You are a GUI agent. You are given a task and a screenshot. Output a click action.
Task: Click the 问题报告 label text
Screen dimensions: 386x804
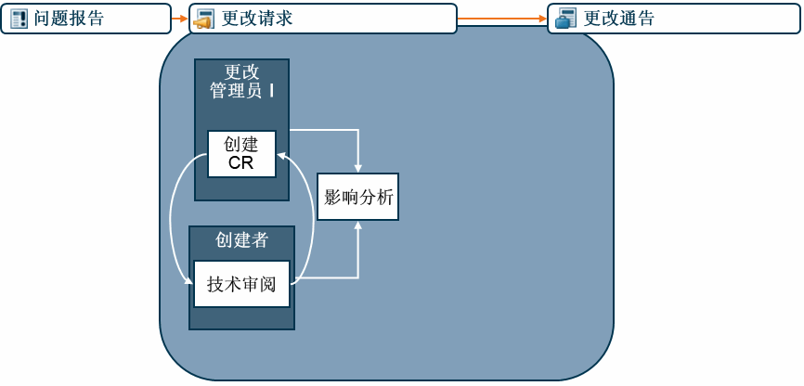point(70,19)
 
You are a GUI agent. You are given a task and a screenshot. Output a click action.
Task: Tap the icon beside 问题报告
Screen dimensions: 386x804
point(19,19)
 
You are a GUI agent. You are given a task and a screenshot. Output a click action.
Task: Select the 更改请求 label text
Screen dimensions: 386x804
point(257,19)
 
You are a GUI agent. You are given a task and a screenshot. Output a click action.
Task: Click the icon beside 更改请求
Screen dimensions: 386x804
point(205,19)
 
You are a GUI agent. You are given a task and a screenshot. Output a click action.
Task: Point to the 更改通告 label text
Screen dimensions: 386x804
point(619,19)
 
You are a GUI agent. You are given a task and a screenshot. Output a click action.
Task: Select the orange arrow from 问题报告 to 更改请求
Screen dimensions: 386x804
point(180,19)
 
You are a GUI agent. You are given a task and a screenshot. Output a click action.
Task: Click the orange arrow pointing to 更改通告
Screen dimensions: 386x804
point(501,19)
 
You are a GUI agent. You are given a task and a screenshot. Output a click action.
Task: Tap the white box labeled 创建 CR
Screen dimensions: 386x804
point(241,154)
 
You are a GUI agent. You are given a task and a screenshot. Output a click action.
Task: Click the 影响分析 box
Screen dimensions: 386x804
point(357,197)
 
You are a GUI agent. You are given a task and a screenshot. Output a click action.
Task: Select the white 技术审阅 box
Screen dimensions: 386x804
point(241,284)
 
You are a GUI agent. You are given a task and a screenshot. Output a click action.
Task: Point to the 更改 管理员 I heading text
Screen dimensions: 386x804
point(241,82)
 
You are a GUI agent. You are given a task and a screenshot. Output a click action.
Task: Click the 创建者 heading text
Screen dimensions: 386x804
point(241,240)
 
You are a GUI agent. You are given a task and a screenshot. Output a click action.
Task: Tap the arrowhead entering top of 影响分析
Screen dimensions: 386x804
point(357,167)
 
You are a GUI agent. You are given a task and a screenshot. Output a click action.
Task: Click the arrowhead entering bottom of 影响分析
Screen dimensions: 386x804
point(357,225)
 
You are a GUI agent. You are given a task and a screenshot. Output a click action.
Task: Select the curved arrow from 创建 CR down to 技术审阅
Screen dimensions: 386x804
point(172,218)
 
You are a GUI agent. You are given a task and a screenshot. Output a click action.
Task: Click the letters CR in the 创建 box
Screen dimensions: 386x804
point(241,164)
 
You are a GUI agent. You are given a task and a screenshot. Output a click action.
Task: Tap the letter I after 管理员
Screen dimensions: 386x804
point(271,91)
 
